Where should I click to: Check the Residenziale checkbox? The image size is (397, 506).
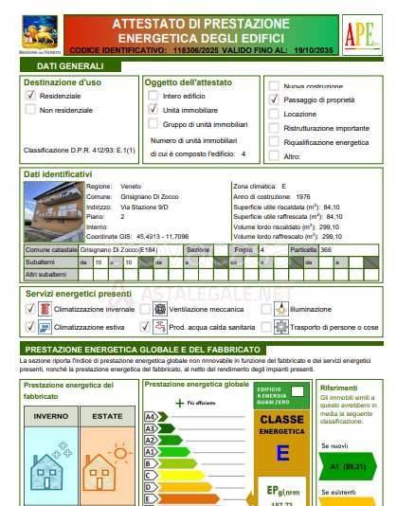click(x=30, y=97)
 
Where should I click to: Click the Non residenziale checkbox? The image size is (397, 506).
click(x=30, y=111)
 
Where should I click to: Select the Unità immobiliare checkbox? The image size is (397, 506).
click(x=153, y=110)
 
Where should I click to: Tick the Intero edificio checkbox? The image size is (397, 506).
click(x=153, y=97)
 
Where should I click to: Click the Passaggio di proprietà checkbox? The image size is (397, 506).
click(x=274, y=99)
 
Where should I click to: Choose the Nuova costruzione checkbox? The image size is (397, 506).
click(x=274, y=85)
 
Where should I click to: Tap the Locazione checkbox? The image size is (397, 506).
click(x=274, y=113)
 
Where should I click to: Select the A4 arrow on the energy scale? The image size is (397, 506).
click(x=153, y=416)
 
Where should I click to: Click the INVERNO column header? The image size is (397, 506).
click(x=50, y=415)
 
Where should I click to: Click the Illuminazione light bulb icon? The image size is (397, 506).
click(x=281, y=309)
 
